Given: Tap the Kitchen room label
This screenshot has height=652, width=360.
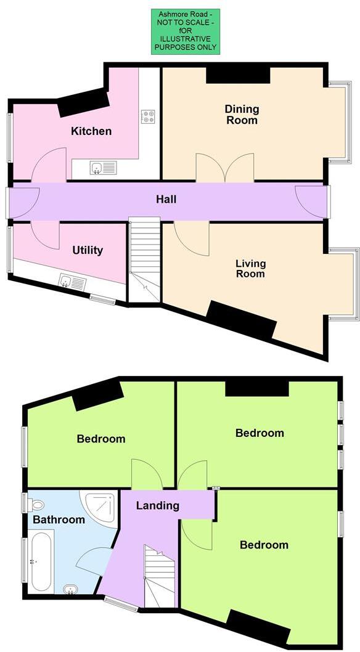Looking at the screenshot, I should (91, 131).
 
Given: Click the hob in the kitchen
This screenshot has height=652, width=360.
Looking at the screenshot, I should (147, 116).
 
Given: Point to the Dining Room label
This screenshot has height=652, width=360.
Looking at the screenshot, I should (241, 115).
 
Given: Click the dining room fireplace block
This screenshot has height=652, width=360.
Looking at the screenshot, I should (238, 75).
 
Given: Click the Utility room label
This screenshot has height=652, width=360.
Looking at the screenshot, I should (87, 250).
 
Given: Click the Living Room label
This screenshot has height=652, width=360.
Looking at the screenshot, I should (250, 269).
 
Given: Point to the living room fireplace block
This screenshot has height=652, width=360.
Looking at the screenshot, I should (241, 320).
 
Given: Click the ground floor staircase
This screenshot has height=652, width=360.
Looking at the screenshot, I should (144, 259).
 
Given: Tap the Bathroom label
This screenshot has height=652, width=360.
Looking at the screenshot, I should (59, 520).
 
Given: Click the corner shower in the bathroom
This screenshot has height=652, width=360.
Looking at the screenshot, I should (100, 508).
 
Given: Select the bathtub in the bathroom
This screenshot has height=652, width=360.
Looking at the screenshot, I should (41, 561).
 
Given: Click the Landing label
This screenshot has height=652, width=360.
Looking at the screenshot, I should (157, 505).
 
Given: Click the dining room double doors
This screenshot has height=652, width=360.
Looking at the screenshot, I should (224, 168).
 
